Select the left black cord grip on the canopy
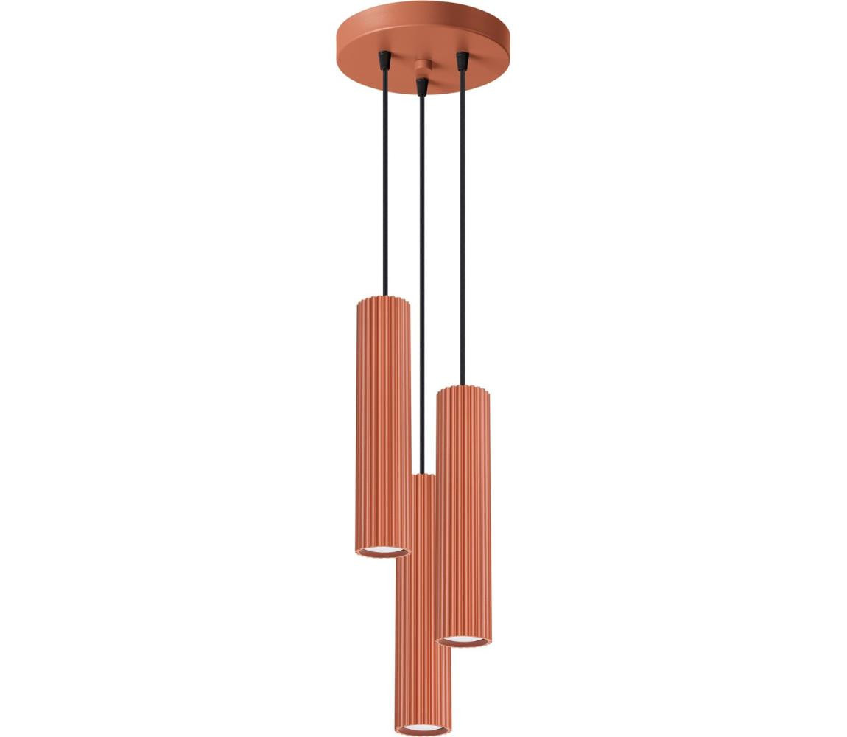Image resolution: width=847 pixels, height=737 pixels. [384, 60]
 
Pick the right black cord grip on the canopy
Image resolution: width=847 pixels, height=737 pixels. [463, 61]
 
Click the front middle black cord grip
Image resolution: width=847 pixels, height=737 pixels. [421, 86]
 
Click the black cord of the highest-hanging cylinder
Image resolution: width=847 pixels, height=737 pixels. [384, 184]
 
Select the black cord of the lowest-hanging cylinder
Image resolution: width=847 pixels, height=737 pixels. [422, 295]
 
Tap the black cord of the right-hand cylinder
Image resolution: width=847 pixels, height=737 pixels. [463, 221]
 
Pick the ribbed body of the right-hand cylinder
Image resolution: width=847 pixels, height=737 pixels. [464, 516]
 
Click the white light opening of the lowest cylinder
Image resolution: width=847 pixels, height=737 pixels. [422, 729]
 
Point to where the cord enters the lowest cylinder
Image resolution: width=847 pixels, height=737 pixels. [422, 474]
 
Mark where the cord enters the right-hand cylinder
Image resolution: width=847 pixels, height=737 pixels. [463, 385]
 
